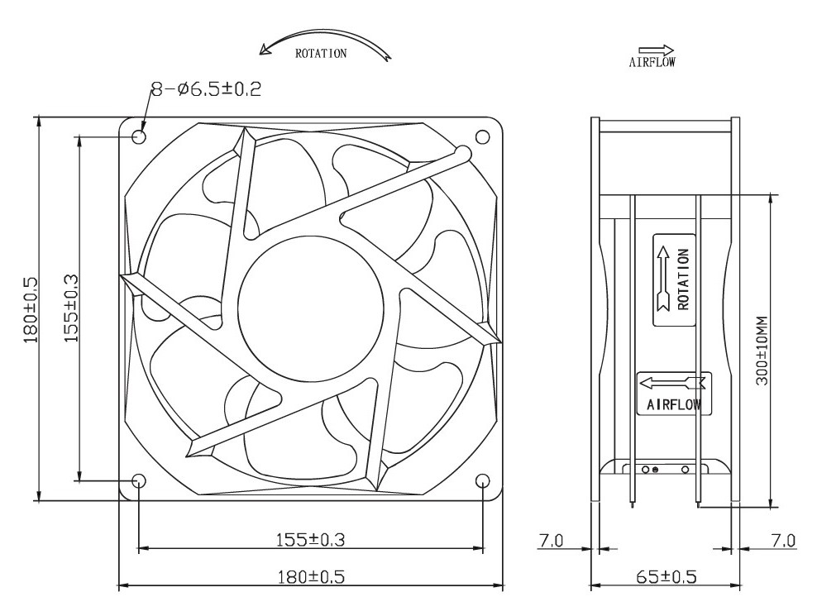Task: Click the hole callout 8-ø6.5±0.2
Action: [x=207, y=89]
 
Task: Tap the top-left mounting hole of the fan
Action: [x=139, y=137]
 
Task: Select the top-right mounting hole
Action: [x=482, y=137]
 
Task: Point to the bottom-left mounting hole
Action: [x=139, y=480]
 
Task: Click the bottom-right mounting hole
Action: [x=482, y=480]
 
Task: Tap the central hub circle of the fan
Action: [x=312, y=310]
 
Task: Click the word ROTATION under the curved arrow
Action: [x=321, y=53]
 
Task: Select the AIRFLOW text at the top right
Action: [x=652, y=63]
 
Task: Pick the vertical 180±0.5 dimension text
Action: [x=31, y=309]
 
